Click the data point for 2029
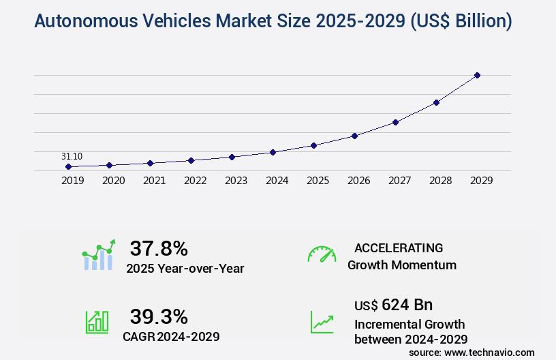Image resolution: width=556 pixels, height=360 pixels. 477,75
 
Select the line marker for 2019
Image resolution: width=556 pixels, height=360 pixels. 68,166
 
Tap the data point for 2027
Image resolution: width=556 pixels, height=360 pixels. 395,122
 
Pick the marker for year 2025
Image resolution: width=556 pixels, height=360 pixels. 313,145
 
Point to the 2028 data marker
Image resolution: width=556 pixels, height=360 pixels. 436,102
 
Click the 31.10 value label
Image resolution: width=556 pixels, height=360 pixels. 72,156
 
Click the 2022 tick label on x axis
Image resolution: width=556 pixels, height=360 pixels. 195,181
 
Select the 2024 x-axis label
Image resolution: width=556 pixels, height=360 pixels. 277,181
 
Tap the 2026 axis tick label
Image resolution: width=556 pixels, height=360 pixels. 358,181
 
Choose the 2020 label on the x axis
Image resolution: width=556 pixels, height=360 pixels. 113,181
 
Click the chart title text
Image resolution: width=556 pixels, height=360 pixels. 273,22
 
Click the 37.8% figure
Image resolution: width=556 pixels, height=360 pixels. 159,248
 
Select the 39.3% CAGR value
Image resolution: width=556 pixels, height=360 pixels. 159,316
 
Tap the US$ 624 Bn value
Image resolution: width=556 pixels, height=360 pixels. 393,304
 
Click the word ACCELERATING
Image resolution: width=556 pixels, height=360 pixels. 399,248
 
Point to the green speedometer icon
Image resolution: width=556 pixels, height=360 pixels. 322,254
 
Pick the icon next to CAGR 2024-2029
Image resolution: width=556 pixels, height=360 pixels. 97,322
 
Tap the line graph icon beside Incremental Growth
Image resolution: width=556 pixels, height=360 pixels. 322,322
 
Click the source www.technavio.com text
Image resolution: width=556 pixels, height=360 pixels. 472,352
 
